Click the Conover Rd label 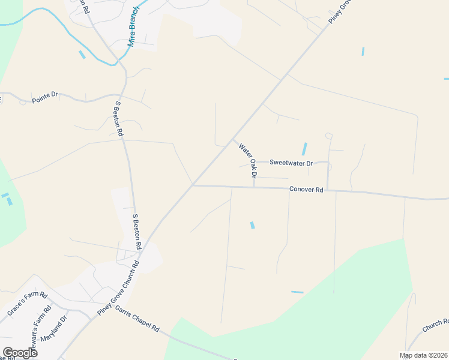tap(306, 190)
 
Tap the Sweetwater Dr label tap(291, 163)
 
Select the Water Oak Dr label tap(247, 161)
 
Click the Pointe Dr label tap(45, 95)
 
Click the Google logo tap(20, 352)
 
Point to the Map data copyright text tap(424, 355)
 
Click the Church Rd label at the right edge tap(435, 326)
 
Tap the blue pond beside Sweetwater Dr tap(304, 149)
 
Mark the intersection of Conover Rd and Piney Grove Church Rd tap(192, 185)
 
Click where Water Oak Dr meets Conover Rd tap(254, 187)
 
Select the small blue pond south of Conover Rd tap(252, 225)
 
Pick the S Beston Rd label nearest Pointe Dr tap(118, 118)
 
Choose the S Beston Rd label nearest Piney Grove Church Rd tap(136, 231)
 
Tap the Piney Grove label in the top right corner tap(339, 12)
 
